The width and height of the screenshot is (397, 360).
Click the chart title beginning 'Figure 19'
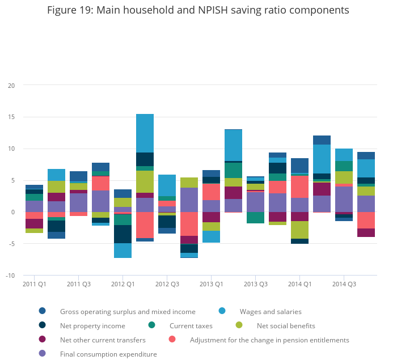pyautogui.click(x=198, y=10)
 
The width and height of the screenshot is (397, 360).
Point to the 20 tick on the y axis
pyautogui.click(x=11, y=85)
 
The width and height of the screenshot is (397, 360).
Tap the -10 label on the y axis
pyautogui.click(x=10, y=276)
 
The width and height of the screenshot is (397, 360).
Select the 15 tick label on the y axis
pyautogui.click(x=11, y=117)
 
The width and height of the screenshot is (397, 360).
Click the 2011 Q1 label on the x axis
pyautogui.click(x=34, y=283)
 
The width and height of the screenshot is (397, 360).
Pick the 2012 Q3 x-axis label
pyautogui.click(x=167, y=283)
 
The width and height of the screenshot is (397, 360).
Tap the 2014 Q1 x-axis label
pyautogui.click(x=299, y=283)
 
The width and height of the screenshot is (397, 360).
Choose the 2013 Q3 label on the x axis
pyautogui.click(x=255, y=283)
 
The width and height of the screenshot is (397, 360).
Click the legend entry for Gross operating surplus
pyautogui.click(x=128, y=311)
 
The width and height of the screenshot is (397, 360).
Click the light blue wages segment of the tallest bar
pyautogui.click(x=145, y=133)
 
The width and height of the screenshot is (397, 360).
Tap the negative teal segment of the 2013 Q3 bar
pyautogui.click(x=255, y=218)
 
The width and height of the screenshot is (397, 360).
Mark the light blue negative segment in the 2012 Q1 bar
pyautogui.click(x=123, y=251)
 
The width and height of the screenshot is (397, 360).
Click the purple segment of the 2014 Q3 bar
pyautogui.click(x=344, y=199)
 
